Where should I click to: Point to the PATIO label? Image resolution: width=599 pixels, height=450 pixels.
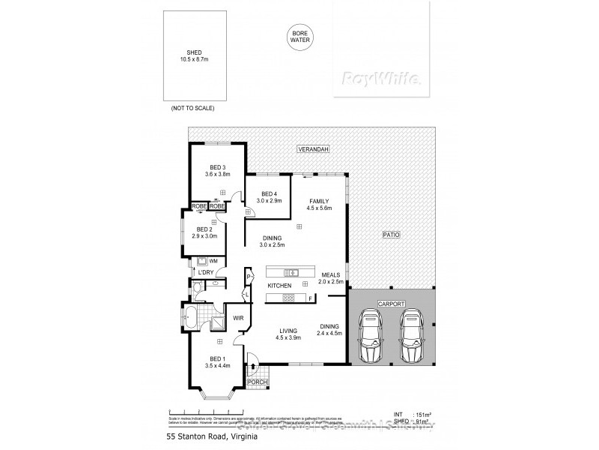click(391, 235)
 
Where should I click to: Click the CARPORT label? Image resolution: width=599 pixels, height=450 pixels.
click(390, 304)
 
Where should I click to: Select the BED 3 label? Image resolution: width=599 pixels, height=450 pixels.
click(217, 166)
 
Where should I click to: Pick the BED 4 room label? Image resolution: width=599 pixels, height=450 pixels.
click(268, 194)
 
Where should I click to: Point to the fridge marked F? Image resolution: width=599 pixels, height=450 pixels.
click(310, 298)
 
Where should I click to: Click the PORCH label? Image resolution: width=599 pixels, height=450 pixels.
click(256, 382)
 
